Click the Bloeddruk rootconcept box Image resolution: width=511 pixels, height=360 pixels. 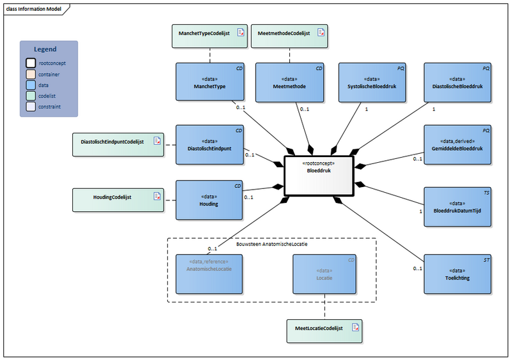point(319,176)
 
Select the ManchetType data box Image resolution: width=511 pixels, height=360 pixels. point(210,82)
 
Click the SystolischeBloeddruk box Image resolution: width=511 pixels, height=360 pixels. point(372,82)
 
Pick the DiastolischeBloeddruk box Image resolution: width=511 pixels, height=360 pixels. point(458,82)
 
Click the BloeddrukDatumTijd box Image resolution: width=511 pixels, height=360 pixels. point(458,207)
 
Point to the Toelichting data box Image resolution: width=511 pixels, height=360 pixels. point(458,274)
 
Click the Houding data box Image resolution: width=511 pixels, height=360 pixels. point(210,200)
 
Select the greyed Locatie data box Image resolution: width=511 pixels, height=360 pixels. point(324,274)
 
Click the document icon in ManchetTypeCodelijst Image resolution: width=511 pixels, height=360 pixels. point(241,33)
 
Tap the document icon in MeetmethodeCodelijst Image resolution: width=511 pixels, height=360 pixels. point(322,33)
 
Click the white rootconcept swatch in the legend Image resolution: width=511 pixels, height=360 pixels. point(30,63)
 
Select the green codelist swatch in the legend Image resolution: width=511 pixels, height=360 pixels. point(30,96)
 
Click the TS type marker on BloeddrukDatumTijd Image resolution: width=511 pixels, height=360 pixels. point(486,192)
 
